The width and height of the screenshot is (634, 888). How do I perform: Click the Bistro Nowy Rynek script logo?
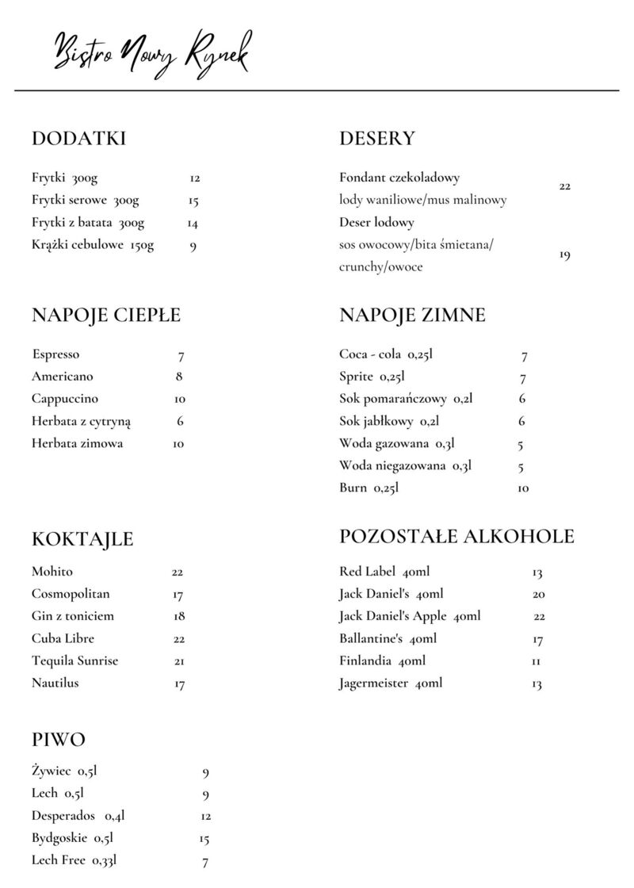tap(151, 53)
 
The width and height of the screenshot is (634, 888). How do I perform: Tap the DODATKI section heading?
tap(78, 139)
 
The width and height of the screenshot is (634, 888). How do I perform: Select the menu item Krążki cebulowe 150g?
tap(93, 245)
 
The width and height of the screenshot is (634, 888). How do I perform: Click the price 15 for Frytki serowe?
tap(193, 201)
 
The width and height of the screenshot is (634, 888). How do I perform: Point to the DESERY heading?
tap(376, 139)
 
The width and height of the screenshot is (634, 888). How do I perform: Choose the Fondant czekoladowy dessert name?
tap(399, 178)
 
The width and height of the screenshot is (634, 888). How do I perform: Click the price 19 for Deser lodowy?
tap(564, 255)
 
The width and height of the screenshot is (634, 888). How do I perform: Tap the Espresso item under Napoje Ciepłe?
tap(56, 354)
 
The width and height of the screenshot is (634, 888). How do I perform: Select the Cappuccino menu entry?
tap(65, 399)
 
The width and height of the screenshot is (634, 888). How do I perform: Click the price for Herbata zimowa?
tap(178, 444)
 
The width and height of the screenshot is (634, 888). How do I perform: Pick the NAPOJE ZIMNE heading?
tap(412, 316)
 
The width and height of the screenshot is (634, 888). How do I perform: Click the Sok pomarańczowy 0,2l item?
tap(406, 399)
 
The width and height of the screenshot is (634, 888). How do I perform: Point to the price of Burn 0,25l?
tap(523, 488)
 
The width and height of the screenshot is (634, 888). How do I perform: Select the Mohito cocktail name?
tap(52, 572)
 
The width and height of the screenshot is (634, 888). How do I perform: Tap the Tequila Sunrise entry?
tap(75, 660)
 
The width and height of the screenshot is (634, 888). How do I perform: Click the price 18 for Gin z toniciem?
tap(179, 616)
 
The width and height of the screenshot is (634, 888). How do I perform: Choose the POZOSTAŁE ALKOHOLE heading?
tap(456, 537)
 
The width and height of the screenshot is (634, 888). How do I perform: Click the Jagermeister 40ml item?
tap(391, 683)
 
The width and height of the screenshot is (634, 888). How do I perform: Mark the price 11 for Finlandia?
tap(537, 661)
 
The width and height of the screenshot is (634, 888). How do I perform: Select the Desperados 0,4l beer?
tap(78, 815)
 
